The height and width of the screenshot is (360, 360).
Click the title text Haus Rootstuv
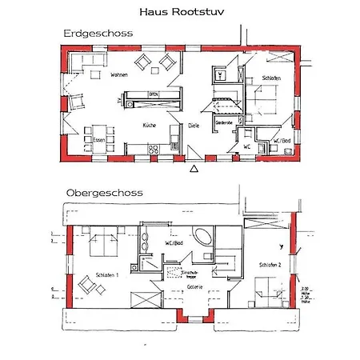[181, 12]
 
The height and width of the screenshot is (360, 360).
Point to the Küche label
[149, 126]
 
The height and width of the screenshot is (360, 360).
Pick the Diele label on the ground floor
[194, 126]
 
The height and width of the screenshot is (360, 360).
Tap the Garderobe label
[225, 122]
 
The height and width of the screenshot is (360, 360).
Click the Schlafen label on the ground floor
[271, 78]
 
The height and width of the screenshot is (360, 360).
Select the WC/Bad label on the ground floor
[281, 141]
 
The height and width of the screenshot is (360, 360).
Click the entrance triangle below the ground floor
[194, 169]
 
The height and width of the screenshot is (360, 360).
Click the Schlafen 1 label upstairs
[106, 274]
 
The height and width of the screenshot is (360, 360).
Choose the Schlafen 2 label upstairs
[270, 264]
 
